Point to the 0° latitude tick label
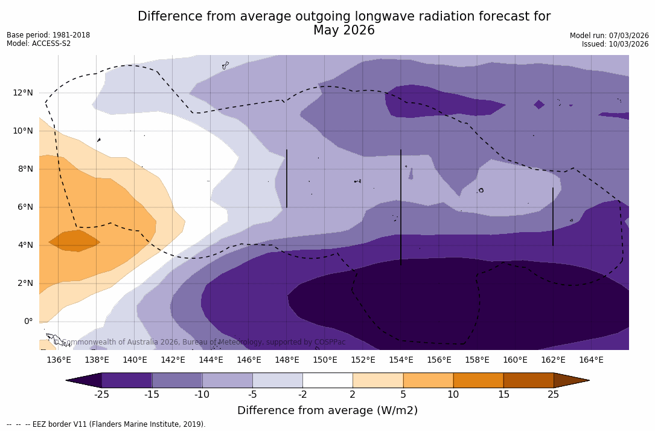pyautogui.click(x=28, y=322)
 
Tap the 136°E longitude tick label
pyautogui.click(x=59, y=360)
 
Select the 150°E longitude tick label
pyautogui.click(x=325, y=360)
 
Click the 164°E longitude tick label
pyautogui.click(x=591, y=360)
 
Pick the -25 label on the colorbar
pyautogui.click(x=102, y=395)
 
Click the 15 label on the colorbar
pyautogui.click(x=503, y=395)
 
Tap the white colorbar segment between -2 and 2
pyautogui.click(x=328, y=380)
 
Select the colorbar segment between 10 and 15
pyautogui.click(x=478, y=380)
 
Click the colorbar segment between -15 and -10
pyautogui.click(x=177, y=380)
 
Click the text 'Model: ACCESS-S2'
pyautogui.click(x=39, y=44)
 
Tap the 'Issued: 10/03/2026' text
pyautogui.click(x=615, y=44)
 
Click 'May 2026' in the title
pyautogui.click(x=343, y=30)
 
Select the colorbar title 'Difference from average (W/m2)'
pyautogui.click(x=327, y=410)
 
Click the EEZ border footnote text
pyautogui.click(x=106, y=424)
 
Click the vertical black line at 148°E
pyautogui.click(x=287, y=178)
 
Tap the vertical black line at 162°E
pyautogui.click(x=553, y=216)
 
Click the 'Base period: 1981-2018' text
pyautogui.click(x=48, y=35)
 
